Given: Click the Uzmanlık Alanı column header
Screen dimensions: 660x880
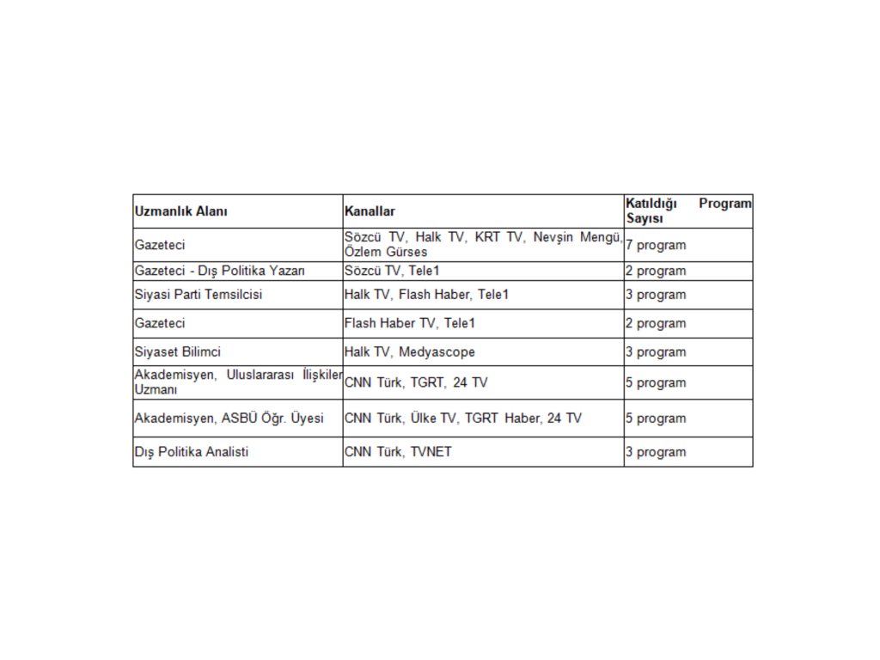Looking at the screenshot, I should pos(181,211).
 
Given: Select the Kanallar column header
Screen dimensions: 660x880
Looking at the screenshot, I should pos(370,211).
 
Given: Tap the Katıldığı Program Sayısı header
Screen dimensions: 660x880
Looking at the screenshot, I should pos(687,211).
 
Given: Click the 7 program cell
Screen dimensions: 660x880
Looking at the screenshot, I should pos(656,245).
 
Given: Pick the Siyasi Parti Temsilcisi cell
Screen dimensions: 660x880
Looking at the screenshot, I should pos(199,295).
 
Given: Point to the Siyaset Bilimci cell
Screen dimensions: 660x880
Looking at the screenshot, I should pos(178,351).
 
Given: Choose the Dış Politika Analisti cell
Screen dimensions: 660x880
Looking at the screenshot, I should pos(192,452).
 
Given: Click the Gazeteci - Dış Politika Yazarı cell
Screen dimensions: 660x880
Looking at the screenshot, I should pos(214,271).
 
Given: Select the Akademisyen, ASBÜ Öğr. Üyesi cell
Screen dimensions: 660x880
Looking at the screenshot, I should pos(229,419).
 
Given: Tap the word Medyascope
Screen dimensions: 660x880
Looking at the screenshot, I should pos(437,351).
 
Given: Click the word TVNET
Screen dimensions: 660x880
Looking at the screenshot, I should pos(431,452).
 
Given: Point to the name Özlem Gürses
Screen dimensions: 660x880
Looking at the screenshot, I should pos(386,253).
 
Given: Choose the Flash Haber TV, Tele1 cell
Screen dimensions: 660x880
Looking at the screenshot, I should pos(410,323).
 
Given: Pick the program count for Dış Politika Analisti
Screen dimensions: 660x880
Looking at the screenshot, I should pos(656,452).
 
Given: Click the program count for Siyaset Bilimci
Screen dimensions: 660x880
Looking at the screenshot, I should pos(656,351).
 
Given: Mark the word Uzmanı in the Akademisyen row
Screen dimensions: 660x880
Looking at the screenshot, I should pos(155,391).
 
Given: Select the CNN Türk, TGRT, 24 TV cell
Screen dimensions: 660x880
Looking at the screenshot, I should pos(416,382).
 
